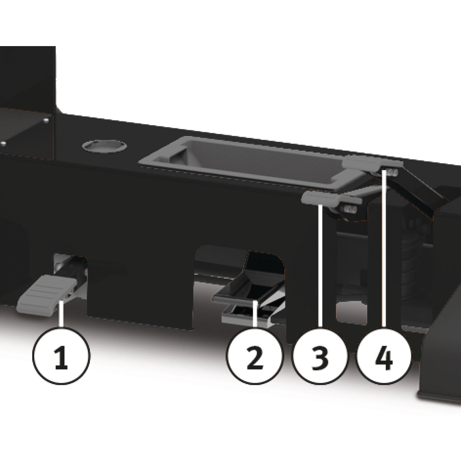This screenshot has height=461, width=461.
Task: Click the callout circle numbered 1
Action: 61,355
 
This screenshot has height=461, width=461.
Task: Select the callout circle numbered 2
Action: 255,355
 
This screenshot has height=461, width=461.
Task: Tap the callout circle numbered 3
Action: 320,355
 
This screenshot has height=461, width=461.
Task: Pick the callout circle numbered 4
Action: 384,355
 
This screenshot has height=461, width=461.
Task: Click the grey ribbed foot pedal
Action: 43,296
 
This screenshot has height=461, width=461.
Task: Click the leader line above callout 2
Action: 255,314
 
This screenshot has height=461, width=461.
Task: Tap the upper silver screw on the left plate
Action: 46,121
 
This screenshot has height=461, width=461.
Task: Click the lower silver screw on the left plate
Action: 3,144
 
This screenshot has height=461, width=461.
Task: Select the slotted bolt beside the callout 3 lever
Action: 350,209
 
